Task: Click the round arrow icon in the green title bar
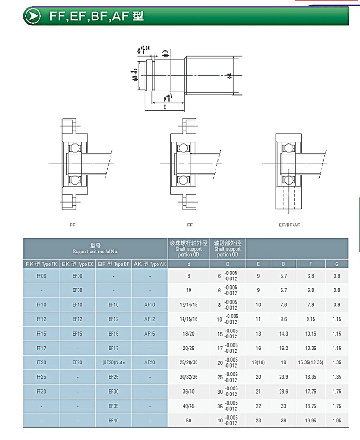coord(33,16)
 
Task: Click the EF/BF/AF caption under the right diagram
coord(289,225)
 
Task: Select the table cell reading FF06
coord(41,276)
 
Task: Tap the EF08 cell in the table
coord(77,290)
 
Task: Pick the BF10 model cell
coord(113,305)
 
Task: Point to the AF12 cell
coord(150,319)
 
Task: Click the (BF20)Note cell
coord(113,362)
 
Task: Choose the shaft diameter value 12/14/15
coord(189,305)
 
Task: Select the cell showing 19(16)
coord(258,362)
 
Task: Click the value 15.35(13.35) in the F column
coord(310,362)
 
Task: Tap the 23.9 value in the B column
coord(283,377)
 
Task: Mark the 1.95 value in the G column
coord(337,421)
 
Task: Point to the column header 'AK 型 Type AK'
coord(150,264)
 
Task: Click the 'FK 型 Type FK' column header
coord(41,264)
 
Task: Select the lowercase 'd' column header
coord(189,264)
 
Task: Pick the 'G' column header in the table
coord(337,264)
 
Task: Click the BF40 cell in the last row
coord(113,421)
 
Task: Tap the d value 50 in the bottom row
coord(189,421)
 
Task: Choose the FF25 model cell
coord(41,377)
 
